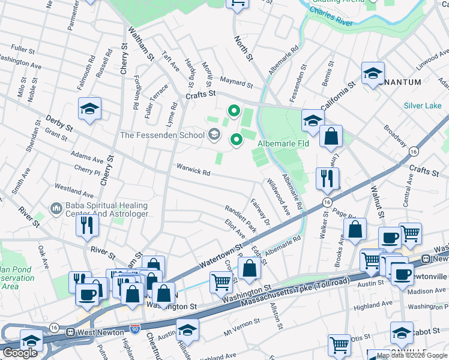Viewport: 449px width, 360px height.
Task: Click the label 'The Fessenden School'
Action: [162, 135]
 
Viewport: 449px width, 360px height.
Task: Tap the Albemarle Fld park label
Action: [283, 143]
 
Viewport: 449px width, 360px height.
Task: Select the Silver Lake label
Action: [422, 106]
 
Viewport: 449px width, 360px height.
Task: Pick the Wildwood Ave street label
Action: [279, 198]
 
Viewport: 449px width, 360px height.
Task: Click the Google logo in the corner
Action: [20, 353]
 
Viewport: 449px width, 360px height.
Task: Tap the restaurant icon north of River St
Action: [88, 226]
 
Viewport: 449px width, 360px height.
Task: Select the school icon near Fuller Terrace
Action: [89, 109]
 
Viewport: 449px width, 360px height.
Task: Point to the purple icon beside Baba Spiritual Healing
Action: [56, 208]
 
